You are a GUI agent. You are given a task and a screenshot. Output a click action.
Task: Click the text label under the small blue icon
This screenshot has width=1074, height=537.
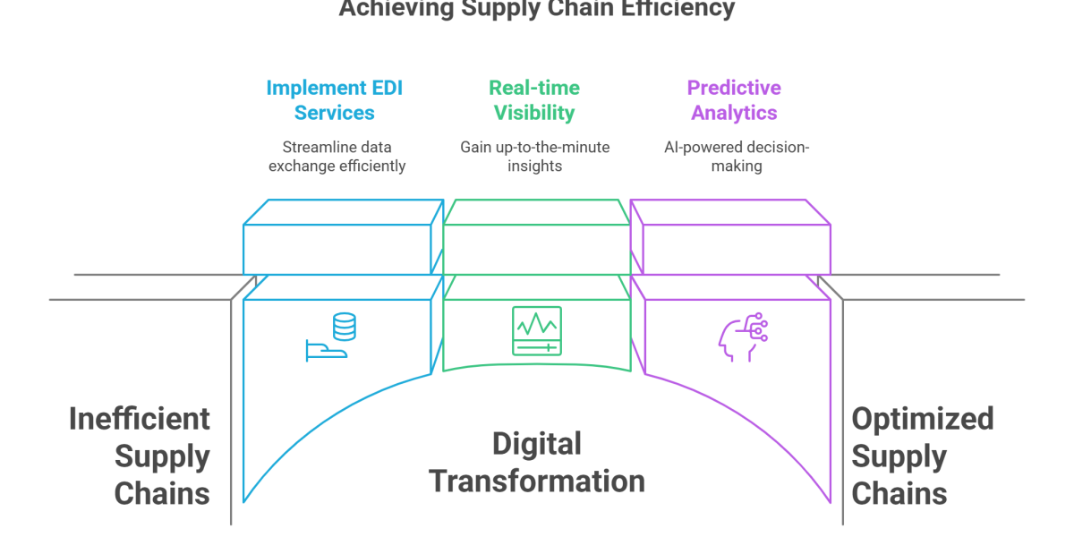(336, 156)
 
